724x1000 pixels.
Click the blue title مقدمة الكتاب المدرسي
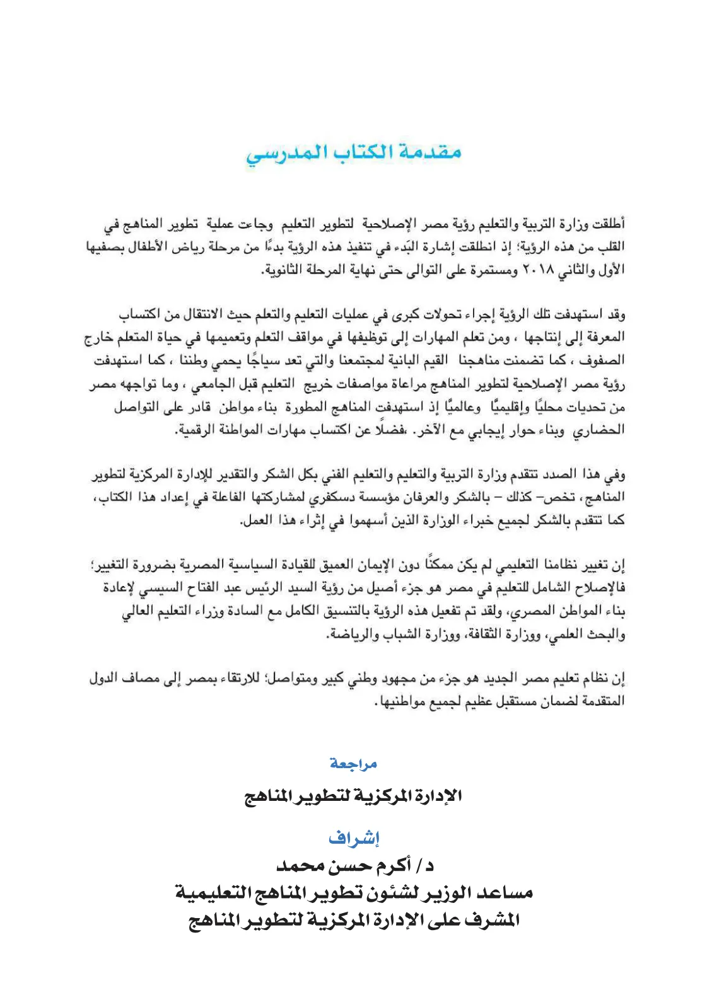pyautogui.click(x=354, y=153)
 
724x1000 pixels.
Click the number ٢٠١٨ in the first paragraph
pyautogui.click(x=538, y=270)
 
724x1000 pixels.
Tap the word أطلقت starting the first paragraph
pyautogui.click(x=609, y=224)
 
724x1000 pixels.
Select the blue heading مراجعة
pyautogui.click(x=353, y=764)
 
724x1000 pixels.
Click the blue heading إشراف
pyautogui.click(x=354, y=838)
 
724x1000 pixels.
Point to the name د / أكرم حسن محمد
pyautogui.click(x=355, y=866)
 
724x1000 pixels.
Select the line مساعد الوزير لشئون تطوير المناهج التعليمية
pyautogui.click(x=354, y=893)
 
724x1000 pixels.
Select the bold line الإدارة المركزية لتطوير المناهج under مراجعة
pyautogui.click(x=353, y=796)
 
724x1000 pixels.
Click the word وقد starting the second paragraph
pyautogui.click(x=616, y=314)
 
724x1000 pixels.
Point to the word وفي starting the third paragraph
pyautogui.click(x=616, y=474)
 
